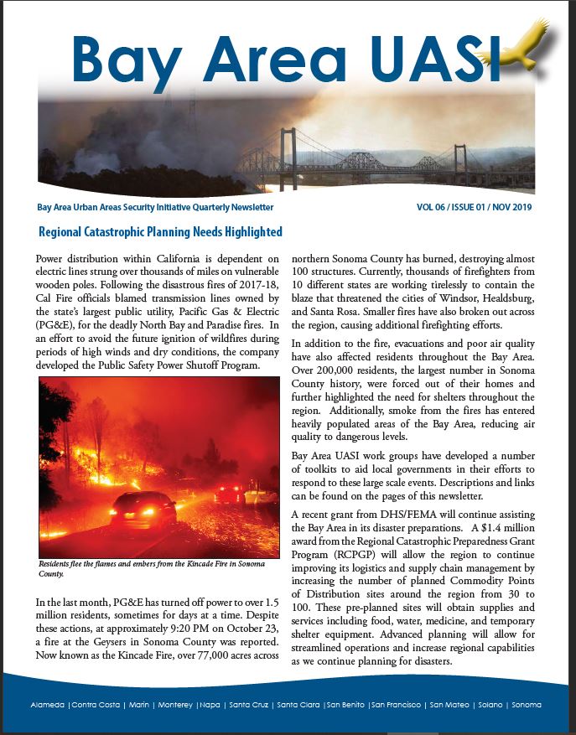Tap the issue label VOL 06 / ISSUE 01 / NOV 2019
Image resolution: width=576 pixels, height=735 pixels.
[x=475, y=207]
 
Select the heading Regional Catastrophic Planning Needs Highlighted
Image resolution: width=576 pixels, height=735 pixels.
[x=160, y=231]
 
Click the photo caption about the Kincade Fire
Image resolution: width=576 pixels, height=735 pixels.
[x=151, y=568]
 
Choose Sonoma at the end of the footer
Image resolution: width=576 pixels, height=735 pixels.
[x=527, y=705]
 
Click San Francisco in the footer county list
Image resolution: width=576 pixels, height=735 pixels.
[x=396, y=705]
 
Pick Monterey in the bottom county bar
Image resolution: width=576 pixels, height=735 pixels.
[x=175, y=705]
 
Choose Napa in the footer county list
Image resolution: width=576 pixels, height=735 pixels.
[x=210, y=705]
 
